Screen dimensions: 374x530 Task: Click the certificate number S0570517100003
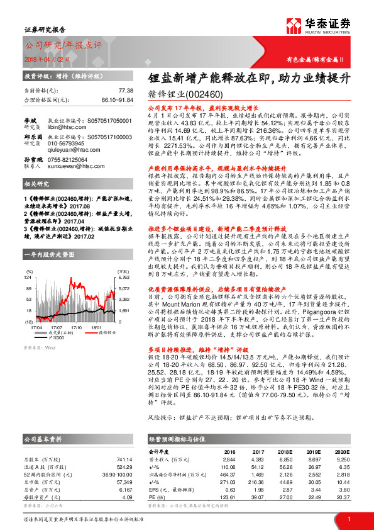point(111,135)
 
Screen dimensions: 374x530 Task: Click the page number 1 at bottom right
point(348,519)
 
